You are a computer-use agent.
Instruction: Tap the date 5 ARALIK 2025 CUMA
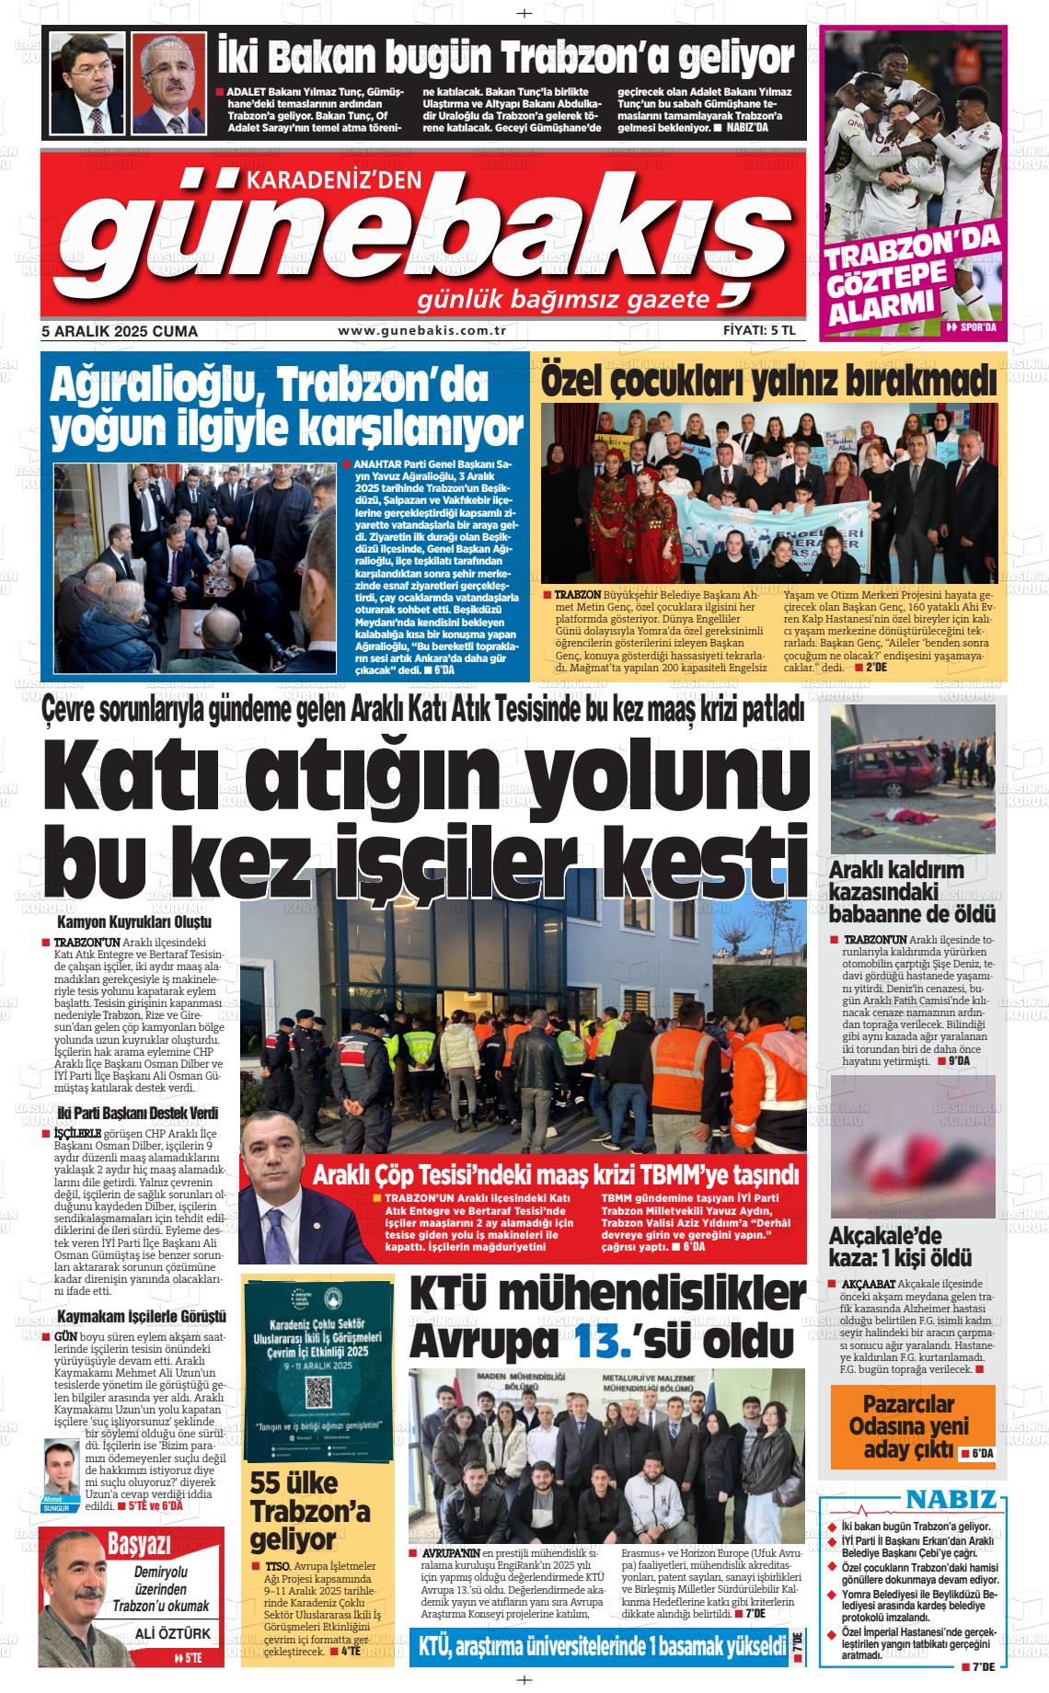[x=120, y=331]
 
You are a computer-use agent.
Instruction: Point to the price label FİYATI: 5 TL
[x=758, y=331]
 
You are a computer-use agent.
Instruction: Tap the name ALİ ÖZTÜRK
[x=173, y=1633]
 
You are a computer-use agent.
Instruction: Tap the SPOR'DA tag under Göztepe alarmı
[x=970, y=326]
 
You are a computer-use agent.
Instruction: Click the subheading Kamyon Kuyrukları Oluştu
[x=134, y=921]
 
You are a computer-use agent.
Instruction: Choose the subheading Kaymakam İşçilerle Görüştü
[x=141, y=1317]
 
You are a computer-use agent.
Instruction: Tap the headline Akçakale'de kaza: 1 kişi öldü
[x=901, y=1246]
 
